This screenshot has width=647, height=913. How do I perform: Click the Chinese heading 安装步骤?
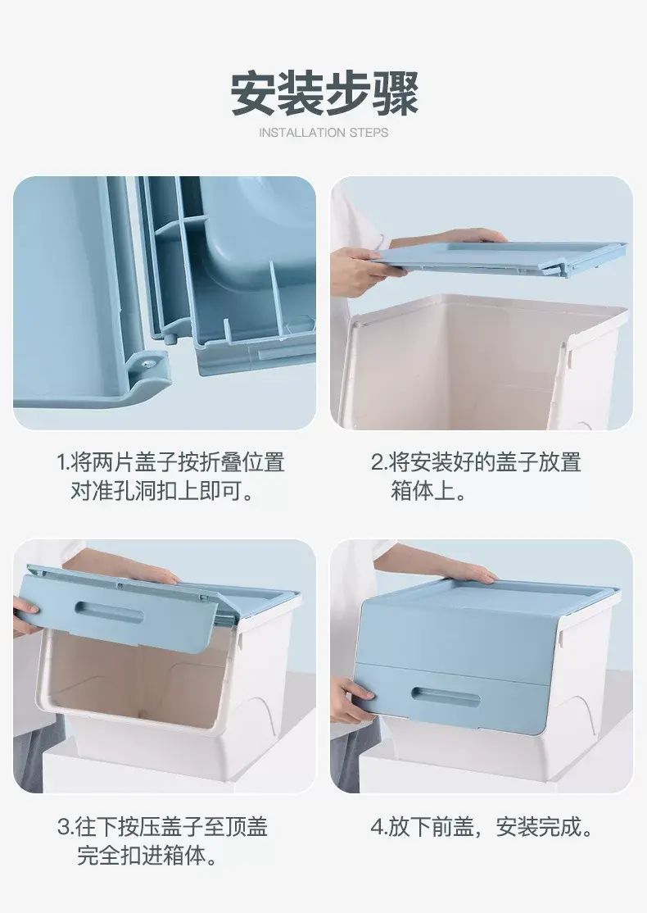tap(323, 93)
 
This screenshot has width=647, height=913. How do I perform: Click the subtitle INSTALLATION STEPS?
tap(323, 133)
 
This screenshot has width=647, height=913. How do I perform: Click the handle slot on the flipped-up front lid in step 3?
tap(110, 612)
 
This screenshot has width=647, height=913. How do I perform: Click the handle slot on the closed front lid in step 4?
tap(446, 697)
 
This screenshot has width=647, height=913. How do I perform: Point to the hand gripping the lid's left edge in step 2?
tap(364, 270)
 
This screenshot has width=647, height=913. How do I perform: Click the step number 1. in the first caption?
tap(63, 463)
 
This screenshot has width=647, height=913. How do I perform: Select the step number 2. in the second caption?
tap(379, 463)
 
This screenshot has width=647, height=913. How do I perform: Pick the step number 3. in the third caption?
tap(66, 827)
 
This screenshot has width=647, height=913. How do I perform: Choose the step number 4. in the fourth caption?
tap(378, 827)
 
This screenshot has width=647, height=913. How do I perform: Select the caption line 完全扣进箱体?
tap(142, 856)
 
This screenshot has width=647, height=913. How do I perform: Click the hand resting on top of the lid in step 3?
tap(152, 575)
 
